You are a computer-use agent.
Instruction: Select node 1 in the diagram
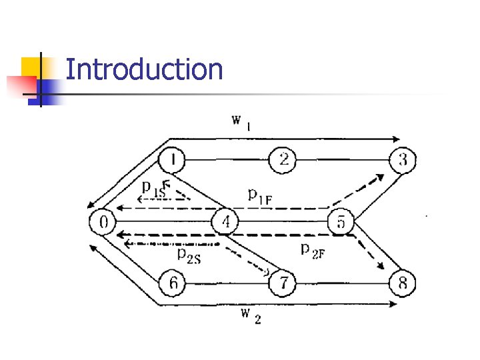pyautogui.click(x=173, y=160)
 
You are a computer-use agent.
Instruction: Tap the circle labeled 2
pyautogui.click(x=283, y=160)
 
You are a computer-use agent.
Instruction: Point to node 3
pyautogui.click(x=402, y=160)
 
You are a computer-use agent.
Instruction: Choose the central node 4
pyautogui.click(x=225, y=221)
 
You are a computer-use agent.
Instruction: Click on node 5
pyautogui.click(x=341, y=221)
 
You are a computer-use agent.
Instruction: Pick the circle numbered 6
pyautogui.click(x=173, y=283)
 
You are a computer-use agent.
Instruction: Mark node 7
pyautogui.click(x=283, y=283)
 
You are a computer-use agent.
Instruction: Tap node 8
pyautogui.click(x=402, y=283)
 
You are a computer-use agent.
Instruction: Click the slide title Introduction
pyautogui.click(x=144, y=69)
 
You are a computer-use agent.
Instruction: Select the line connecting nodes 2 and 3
pyautogui.click(x=342, y=160)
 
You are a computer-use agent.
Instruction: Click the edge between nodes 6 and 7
pyautogui.click(x=227, y=283)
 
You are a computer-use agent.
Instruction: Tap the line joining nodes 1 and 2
pyautogui.click(x=227, y=160)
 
